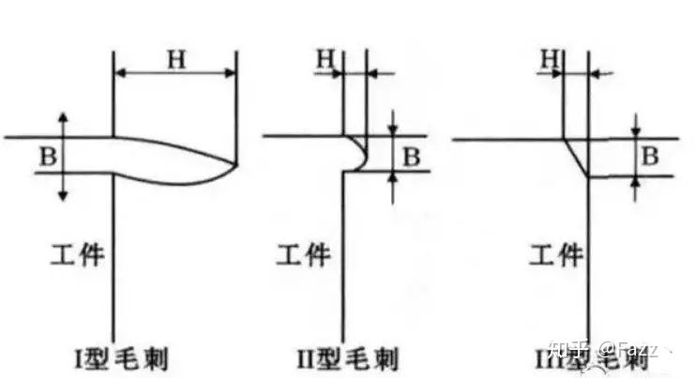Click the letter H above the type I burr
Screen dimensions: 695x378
(175, 59)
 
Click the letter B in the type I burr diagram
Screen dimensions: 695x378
(46, 156)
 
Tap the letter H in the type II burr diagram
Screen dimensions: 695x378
(325, 58)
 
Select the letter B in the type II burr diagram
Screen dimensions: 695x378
(411, 157)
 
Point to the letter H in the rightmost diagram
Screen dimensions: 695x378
(551, 58)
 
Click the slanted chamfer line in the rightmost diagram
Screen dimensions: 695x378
(575, 158)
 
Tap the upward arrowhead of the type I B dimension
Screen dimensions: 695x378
(64, 115)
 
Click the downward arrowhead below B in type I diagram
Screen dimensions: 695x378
(64, 194)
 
